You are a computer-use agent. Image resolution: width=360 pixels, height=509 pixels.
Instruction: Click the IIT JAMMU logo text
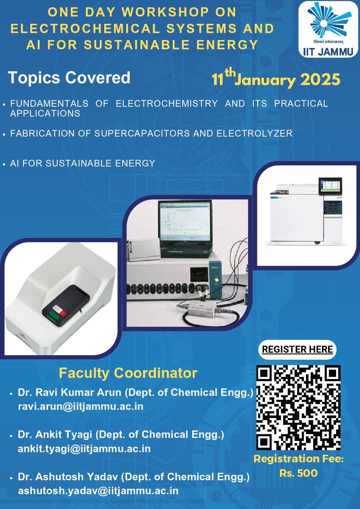tap(328, 52)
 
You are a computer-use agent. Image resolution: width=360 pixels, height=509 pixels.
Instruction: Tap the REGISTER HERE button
tap(297, 349)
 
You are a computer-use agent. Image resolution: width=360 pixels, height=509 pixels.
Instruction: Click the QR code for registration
tap(299, 407)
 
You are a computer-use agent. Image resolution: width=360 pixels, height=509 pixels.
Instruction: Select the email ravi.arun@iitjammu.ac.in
tap(81, 407)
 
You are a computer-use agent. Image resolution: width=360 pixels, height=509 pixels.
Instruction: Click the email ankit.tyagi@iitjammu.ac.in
tap(84, 449)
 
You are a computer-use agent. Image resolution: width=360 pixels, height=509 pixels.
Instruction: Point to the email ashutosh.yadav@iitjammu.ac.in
tap(98, 491)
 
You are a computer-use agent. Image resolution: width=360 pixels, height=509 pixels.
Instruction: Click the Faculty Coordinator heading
tap(128, 373)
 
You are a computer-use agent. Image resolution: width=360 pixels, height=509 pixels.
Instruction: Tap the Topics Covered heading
tap(69, 78)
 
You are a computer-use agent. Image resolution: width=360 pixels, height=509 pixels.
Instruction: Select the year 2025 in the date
tap(320, 79)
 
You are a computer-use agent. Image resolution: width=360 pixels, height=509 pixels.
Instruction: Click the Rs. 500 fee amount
tap(299, 473)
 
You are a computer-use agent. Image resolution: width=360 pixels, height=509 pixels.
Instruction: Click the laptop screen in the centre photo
tap(184, 221)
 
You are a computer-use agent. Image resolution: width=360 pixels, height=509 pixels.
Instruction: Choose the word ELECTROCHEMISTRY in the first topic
tap(167, 104)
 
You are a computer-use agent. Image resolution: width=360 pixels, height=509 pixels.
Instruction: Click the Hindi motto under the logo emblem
tap(328, 42)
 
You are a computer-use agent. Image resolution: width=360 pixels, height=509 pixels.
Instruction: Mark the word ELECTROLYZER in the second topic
tap(254, 133)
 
